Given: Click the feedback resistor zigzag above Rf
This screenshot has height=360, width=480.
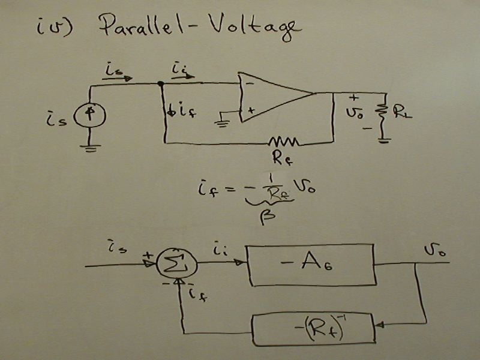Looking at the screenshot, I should [284, 142].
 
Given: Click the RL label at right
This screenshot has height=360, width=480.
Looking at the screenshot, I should [400, 112].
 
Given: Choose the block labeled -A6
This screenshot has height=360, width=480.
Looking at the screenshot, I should [312, 264].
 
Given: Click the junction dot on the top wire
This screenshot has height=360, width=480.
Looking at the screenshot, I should [161, 84].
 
